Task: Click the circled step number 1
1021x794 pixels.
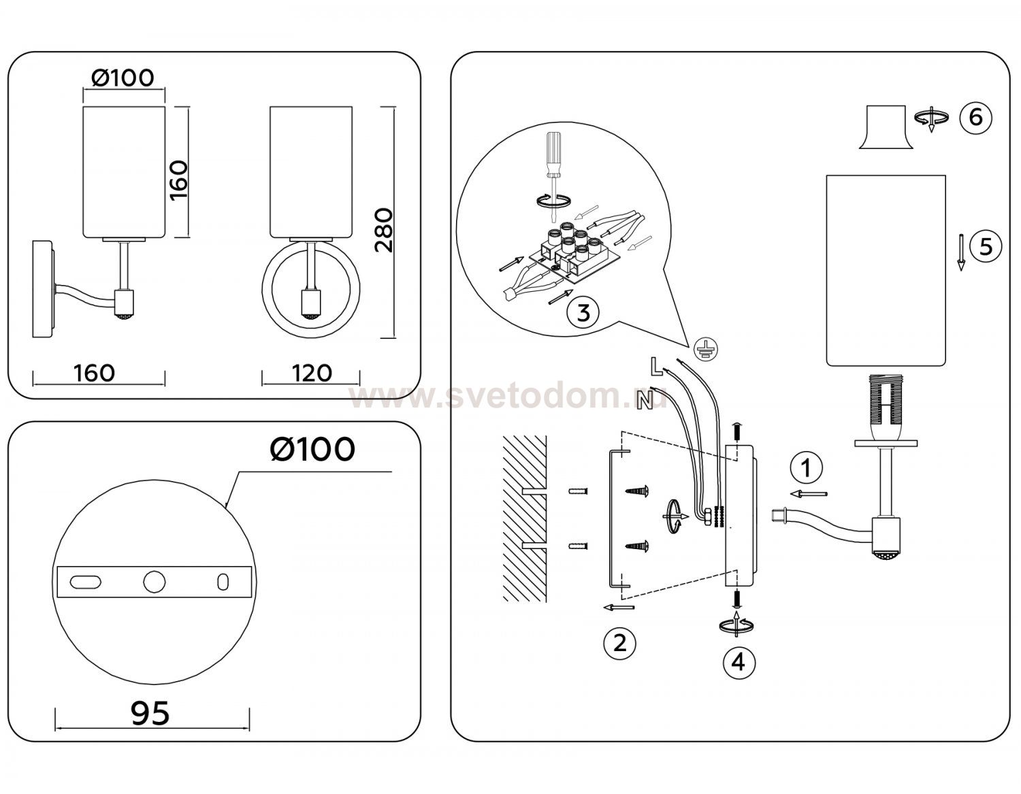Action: pyautogui.click(x=807, y=467)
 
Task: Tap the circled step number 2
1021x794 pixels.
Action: pyautogui.click(x=619, y=643)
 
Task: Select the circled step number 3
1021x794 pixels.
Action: pyautogui.click(x=583, y=312)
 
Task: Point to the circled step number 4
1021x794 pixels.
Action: pyautogui.click(x=739, y=663)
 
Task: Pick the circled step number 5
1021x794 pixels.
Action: pyautogui.click(x=986, y=246)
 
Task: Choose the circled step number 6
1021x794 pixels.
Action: pyautogui.click(x=975, y=117)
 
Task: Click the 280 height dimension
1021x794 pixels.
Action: pyautogui.click(x=384, y=230)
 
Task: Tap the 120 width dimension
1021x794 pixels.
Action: pyautogui.click(x=312, y=374)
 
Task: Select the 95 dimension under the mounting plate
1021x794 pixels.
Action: pyautogui.click(x=150, y=713)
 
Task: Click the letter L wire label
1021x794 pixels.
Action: pyautogui.click(x=656, y=367)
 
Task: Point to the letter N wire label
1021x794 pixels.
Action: pyautogui.click(x=645, y=400)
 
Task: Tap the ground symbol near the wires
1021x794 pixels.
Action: pyautogui.click(x=707, y=349)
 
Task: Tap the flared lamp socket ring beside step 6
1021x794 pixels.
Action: pyautogui.click(x=886, y=127)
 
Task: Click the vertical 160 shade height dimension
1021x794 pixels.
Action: pyautogui.click(x=179, y=181)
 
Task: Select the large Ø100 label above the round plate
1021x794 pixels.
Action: pyautogui.click(x=312, y=449)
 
